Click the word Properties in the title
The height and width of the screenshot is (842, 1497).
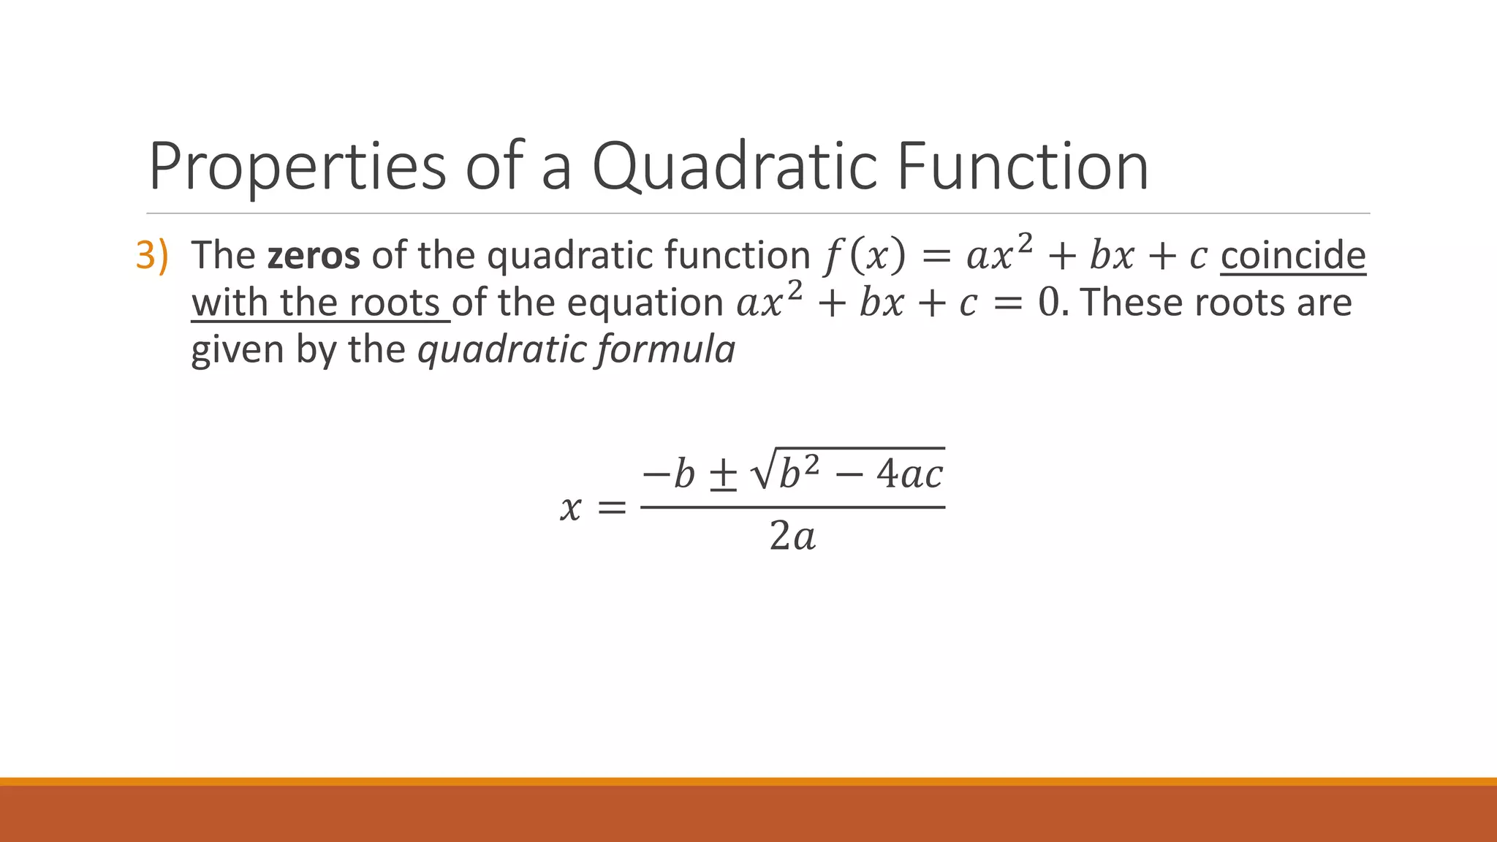pos(297,168)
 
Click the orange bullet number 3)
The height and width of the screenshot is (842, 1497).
pos(152,256)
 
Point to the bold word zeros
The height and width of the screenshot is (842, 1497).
pos(314,256)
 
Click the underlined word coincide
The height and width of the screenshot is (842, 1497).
pos(1292,256)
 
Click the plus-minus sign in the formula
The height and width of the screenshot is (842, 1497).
pos(724,475)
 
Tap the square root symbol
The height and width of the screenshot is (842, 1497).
pos(762,474)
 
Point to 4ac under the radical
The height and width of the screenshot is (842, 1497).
pos(910,475)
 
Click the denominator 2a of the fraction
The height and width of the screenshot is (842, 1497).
pos(792,538)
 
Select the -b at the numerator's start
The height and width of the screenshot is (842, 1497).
pos(667,475)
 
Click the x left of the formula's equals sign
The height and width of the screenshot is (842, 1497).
pos(570,507)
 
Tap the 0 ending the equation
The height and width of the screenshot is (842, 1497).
pos(1048,303)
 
